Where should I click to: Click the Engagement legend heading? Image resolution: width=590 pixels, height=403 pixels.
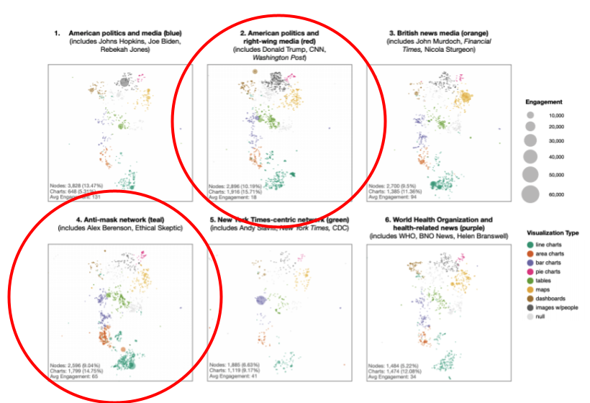pos(544,102)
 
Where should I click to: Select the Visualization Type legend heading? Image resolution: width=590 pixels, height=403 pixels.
pos(552,233)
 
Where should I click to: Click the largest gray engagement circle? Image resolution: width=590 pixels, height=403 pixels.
pos(530,194)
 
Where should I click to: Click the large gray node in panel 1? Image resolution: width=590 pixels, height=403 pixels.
pos(124,83)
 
